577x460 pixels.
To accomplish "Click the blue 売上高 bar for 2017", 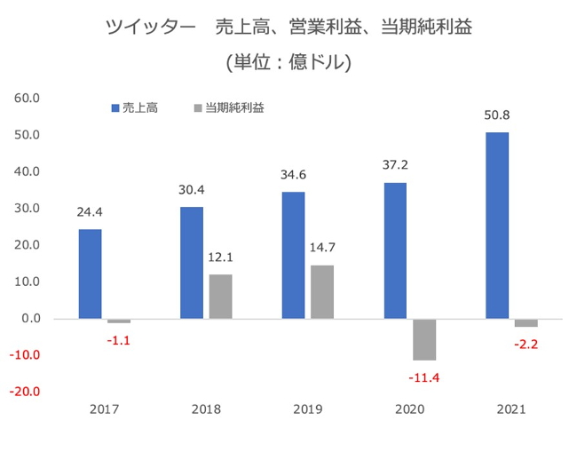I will coord(90,274).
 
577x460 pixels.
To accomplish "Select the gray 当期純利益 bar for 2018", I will coord(220,297).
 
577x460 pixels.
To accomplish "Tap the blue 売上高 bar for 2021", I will coord(497,226).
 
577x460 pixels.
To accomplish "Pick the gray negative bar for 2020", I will coord(424,339).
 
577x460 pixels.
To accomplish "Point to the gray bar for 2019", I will coord(322,291).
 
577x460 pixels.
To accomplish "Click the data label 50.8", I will coord(497,115).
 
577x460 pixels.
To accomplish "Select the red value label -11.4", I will coord(424,378).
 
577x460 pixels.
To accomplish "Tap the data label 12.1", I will coord(221,258).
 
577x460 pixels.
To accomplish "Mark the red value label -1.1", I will coord(118,340).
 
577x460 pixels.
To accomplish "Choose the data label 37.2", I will coord(395,165).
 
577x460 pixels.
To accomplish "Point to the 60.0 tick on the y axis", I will coord(28,99).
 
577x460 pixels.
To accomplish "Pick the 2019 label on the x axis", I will coord(308,409).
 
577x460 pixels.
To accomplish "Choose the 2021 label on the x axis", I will coord(511,409).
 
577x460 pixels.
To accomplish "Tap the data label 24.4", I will coord(91,212).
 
